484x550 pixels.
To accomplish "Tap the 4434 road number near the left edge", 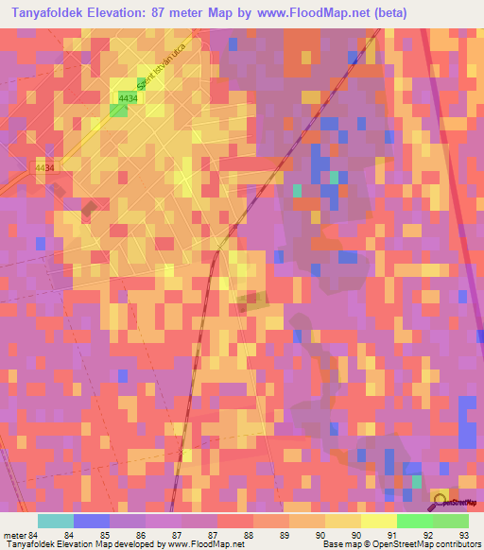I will [44, 167].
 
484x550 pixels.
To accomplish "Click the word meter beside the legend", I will [14, 534].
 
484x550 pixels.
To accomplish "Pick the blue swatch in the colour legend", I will [92, 520].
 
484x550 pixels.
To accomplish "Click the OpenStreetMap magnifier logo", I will [441, 498].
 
